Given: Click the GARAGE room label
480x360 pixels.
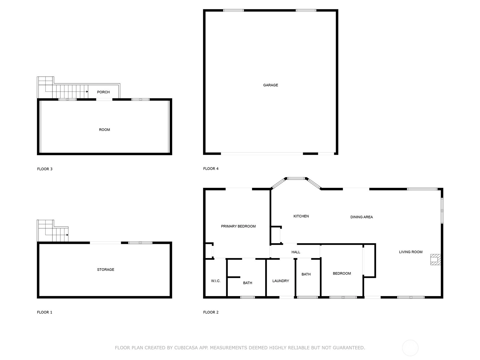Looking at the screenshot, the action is coord(271,85).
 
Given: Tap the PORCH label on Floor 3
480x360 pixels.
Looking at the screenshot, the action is coord(103,92).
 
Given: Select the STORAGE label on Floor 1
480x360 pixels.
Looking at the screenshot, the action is coord(106,269).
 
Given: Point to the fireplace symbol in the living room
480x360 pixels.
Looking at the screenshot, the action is coord(435,259).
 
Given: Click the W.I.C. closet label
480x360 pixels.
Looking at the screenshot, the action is coord(216,281).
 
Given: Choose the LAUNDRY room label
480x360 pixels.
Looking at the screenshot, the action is coord(280,281).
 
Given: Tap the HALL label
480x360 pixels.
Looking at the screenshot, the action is coord(296,252).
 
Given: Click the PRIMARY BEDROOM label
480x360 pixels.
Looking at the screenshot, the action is coord(238,226).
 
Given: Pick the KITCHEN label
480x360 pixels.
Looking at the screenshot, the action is coord(301,216).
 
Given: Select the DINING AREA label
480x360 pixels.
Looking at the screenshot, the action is coord(361,217).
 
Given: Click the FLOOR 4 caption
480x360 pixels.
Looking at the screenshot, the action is coord(211,169).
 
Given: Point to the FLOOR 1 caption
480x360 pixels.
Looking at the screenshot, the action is coord(45,312).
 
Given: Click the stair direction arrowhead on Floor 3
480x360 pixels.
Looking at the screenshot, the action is coord(87,91).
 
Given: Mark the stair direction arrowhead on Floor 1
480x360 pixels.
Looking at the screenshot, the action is coord(67,235).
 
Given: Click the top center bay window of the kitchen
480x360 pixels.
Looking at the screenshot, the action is coord(296,178).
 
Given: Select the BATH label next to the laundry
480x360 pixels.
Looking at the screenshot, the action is coord(306,274).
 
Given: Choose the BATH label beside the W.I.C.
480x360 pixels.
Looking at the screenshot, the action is coord(247,283).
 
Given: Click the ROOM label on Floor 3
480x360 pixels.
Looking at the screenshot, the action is coord(104,130).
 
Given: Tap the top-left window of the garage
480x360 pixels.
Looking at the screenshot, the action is coord(233,10).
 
